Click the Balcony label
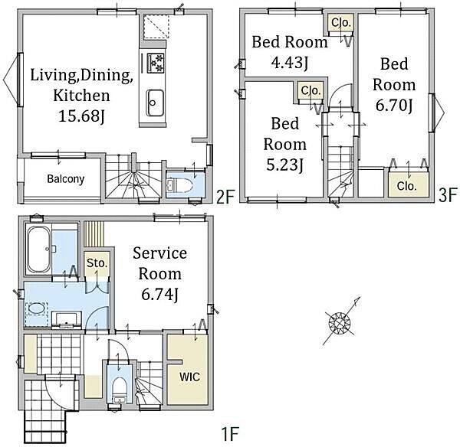(66, 178)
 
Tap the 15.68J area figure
(81, 116)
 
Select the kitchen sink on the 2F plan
(155, 103)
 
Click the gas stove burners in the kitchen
(155, 63)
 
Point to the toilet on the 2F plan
(179, 185)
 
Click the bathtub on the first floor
(38, 250)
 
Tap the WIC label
(189, 377)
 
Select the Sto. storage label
(97, 263)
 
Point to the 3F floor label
(448, 195)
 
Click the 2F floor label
(225, 197)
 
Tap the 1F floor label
(230, 434)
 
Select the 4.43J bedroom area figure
(290, 63)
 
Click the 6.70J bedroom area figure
(394, 106)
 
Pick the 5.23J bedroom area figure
(284, 165)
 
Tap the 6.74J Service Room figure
(160, 294)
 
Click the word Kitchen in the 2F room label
(81, 96)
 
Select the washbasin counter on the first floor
(67, 320)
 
